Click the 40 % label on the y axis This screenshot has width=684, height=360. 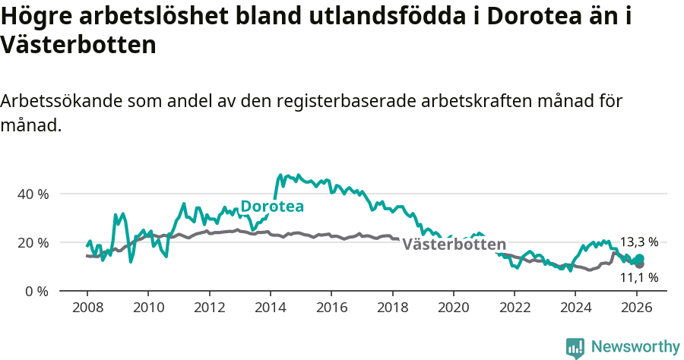[33, 194]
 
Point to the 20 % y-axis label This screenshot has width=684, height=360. [33, 242]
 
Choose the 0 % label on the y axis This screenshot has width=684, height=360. [36, 291]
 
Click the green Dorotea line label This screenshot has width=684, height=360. [272, 207]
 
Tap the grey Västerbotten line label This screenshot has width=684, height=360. [454, 245]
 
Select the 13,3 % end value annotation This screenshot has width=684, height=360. [638, 242]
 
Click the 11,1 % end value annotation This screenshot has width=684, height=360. [638, 277]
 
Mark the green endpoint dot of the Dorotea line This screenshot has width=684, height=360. [639, 259]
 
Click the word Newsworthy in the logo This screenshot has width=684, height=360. [635, 347]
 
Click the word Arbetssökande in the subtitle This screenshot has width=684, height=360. [61, 103]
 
